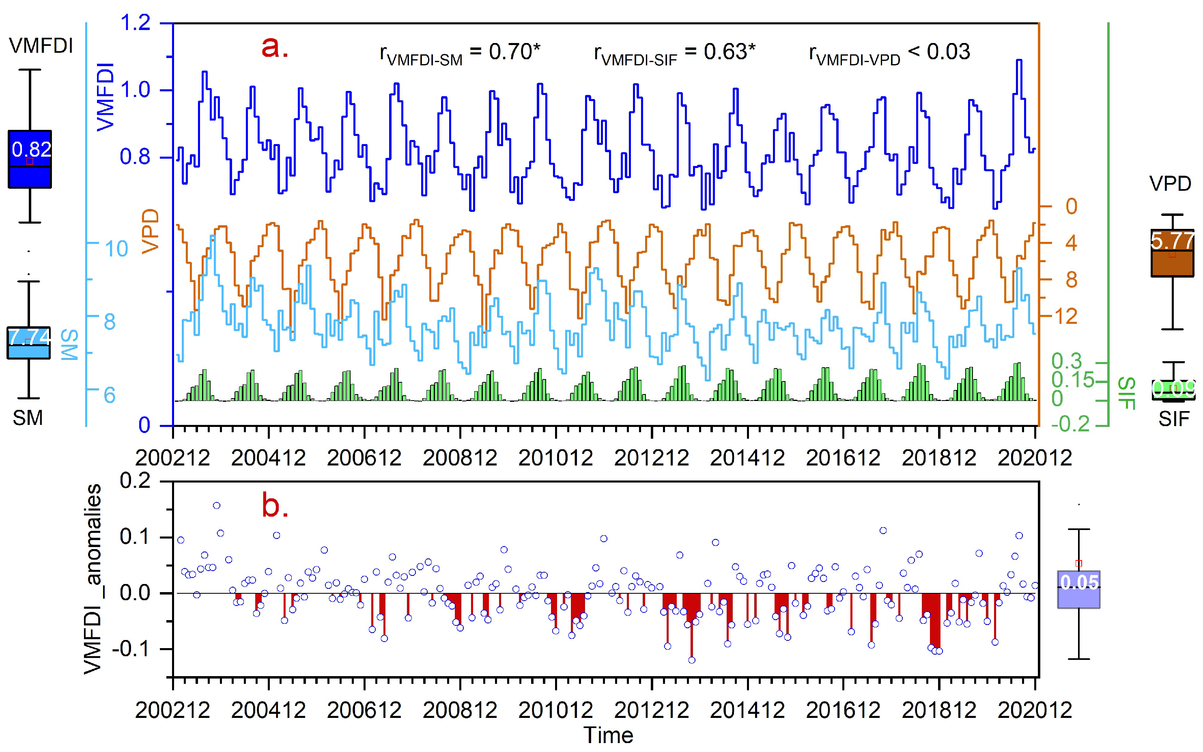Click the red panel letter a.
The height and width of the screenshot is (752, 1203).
point(274,48)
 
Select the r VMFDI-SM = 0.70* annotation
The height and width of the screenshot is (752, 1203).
point(459,53)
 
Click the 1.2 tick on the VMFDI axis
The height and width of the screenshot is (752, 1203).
point(135,23)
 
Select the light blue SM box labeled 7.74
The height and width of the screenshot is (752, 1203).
point(28,342)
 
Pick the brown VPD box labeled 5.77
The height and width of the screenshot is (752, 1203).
point(1172,253)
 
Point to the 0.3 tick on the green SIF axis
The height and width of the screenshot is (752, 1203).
point(1066,361)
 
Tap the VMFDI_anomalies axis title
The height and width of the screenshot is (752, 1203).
point(93,580)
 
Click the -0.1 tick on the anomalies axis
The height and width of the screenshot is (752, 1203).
point(135,649)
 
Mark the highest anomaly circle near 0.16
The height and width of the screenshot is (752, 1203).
point(217,505)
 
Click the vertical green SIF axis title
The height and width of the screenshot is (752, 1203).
point(1126,393)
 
